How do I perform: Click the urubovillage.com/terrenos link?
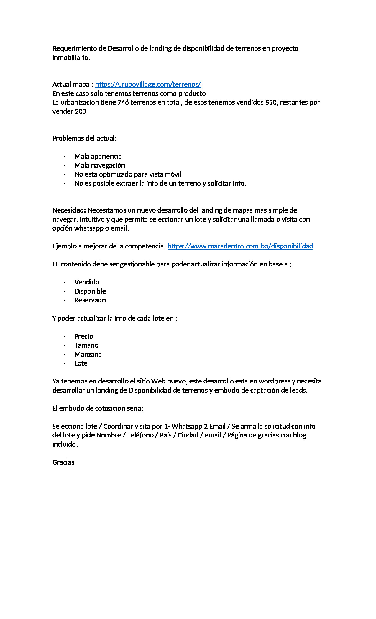pyautogui.click(x=148, y=84)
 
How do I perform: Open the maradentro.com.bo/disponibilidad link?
pyautogui.click(x=240, y=246)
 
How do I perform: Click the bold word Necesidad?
pyautogui.click(x=69, y=210)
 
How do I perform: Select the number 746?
pyautogui.click(x=123, y=102)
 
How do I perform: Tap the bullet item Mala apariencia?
pyautogui.click(x=98, y=156)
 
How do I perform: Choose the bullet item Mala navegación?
pyautogui.click(x=100, y=165)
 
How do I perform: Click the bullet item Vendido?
pyautogui.click(x=87, y=282)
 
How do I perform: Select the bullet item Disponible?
pyautogui.click(x=90, y=291)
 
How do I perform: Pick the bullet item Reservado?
pyautogui.click(x=90, y=300)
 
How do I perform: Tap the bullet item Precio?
pyautogui.click(x=84, y=336)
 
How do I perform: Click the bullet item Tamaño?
pyautogui.click(x=86, y=345)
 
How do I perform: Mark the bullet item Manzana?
pyautogui.click(x=88, y=354)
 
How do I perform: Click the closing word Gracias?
pyautogui.click(x=63, y=462)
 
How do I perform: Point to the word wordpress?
pyautogui.click(x=274, y=381)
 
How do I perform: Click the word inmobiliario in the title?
pyautogui.click(x=70, y=57)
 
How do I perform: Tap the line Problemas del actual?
pyautogui.click(x=84, y=138)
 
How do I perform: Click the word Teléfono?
pyautogui.click(x=140, y=435)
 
